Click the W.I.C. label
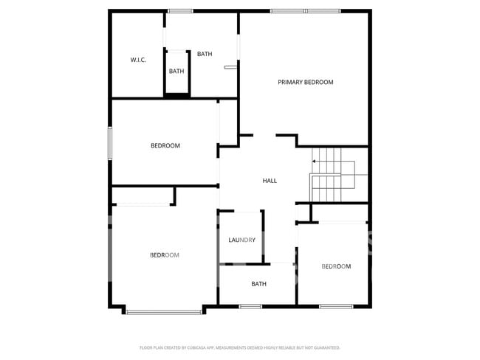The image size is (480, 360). click(138, 60)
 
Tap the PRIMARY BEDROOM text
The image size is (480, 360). click(305, 82)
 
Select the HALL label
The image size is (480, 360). click(270, 181)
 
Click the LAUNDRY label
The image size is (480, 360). click(241, 240)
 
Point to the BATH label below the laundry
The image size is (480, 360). click(258, 284)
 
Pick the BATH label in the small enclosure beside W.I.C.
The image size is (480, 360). click(176, 72)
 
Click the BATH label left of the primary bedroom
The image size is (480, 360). click(205, 54)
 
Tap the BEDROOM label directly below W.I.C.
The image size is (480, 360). click(165, 145)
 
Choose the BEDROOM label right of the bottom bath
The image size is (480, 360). click(336, 266)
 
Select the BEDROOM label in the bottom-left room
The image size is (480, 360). click(164, 255)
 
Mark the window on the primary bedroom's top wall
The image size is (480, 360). click(305, 11)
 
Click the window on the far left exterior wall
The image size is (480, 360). click(110, 143)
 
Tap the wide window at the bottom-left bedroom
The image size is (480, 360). click(164, 312)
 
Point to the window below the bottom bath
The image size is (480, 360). click(250, 306)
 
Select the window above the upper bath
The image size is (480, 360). click(180, 11)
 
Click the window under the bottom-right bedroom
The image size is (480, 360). click(336, 306)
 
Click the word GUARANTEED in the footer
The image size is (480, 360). click(326, 347)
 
